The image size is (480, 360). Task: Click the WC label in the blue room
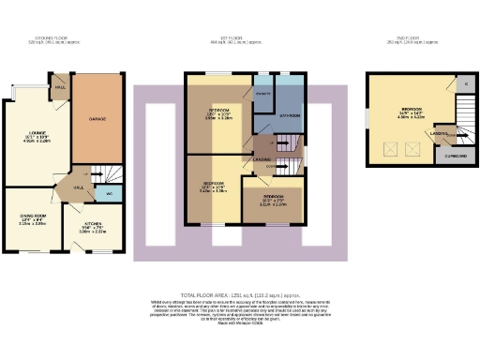tap(110, 192)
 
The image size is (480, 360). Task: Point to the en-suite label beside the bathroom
tap(263, 94)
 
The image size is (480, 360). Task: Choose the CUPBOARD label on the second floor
tap(453, 157)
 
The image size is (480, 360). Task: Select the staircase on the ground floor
tap(112, 174)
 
